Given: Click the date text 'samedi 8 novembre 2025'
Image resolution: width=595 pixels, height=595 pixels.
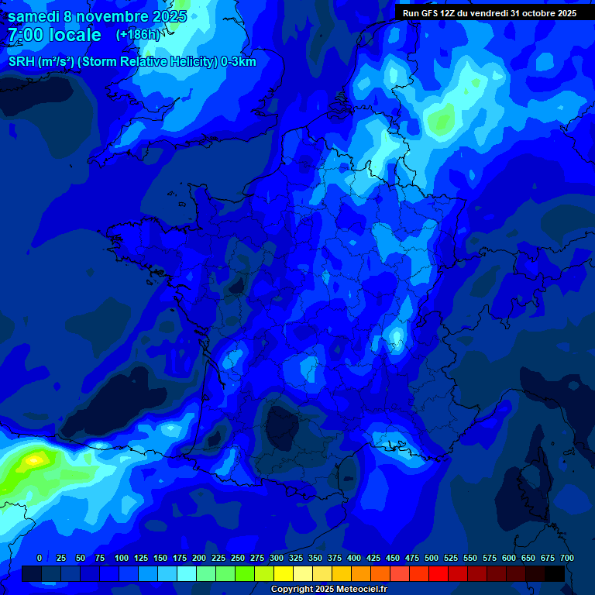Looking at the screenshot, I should (x=97, y=16).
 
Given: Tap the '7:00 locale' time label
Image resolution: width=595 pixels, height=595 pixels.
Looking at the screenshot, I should (x=54, y=35).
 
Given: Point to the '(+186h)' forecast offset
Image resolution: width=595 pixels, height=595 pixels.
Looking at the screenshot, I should (x=139, y=35).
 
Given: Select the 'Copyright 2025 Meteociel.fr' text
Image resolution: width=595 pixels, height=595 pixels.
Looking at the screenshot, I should (x=329, y=590).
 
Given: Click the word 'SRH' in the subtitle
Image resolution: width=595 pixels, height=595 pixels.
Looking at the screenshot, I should (x=21, y=62).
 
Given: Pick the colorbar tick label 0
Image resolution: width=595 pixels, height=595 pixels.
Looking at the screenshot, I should (x=40, y=559).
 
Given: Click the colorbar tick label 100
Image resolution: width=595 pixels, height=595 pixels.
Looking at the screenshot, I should (x=122, y=559).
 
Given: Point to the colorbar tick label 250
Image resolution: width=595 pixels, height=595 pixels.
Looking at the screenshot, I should (x=238, y=559).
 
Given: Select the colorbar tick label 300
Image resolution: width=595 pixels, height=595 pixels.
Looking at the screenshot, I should (x=277, y=559).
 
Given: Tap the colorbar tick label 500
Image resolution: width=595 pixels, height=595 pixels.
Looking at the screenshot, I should (x=432, y=559).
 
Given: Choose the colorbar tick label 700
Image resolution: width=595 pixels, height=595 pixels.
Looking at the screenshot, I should (x=566, y=559).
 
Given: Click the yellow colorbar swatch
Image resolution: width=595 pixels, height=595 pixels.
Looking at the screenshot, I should (x=284, y=573).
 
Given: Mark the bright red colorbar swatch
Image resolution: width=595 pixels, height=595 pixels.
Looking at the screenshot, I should (x=439, y=573).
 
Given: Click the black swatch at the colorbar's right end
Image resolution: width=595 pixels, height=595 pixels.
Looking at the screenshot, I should (x=555, y=573).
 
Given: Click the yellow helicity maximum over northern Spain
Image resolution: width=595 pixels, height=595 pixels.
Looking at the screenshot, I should (x=33, y=459).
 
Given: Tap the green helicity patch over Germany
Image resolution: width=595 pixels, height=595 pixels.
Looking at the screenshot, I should (x=442, y=120).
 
